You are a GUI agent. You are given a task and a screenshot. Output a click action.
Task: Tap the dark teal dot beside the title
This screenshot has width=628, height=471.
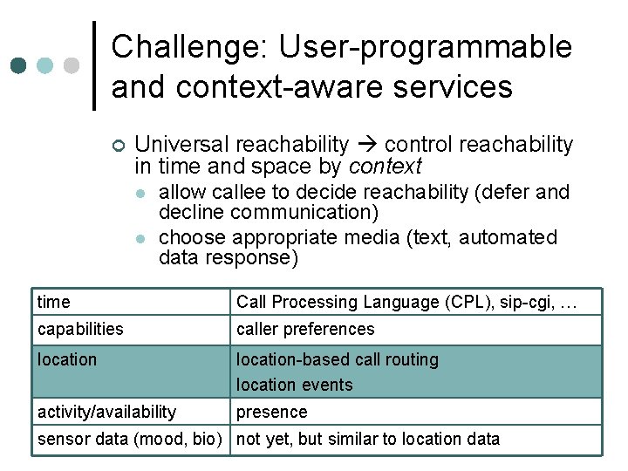(x=19, y=65)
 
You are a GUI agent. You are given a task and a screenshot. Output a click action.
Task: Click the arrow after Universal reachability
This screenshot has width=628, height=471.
(x=366, y=145)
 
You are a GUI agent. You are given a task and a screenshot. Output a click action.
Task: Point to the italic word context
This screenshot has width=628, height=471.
(x=385, y=166)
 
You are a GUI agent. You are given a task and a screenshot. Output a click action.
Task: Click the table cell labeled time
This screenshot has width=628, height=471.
(x=54, y=303)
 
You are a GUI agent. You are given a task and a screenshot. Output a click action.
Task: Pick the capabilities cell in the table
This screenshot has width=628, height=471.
(x=80, y=329)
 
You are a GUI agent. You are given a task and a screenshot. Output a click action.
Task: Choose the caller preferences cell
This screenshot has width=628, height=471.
(x=305, y=329)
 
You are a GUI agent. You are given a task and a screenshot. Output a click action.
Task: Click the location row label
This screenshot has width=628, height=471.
(x=67, y=359)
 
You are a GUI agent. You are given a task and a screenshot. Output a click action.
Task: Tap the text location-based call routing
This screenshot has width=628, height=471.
(x=338, y=359)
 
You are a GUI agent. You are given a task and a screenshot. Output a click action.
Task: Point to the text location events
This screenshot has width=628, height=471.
(x=295, y=385)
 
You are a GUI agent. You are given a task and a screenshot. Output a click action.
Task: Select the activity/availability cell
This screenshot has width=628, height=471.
(x=106, y=412)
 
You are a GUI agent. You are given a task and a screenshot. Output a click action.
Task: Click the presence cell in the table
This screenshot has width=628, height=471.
(x=272, y=412)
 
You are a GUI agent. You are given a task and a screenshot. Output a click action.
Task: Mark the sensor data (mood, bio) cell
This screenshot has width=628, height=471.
(x=130, y=439)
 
